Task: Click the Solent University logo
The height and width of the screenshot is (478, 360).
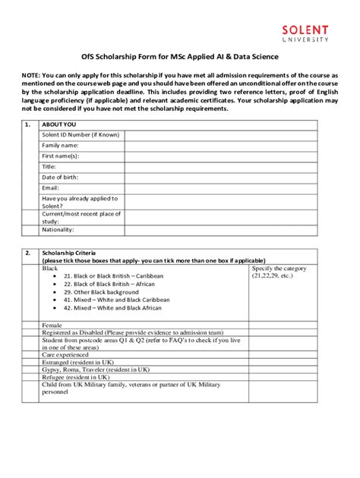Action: tap(305, 32)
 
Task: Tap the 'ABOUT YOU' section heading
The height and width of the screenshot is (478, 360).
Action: tap(58, 124)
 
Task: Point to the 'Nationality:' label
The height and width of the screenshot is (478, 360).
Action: tap(58, 229)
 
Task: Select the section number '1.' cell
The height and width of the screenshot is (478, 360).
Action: tap(28, 124)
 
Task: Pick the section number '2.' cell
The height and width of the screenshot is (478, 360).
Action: tap(28, 252)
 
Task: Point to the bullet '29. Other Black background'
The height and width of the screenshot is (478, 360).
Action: tap(101, 291)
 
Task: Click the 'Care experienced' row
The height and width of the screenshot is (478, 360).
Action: tap(65, 354)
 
